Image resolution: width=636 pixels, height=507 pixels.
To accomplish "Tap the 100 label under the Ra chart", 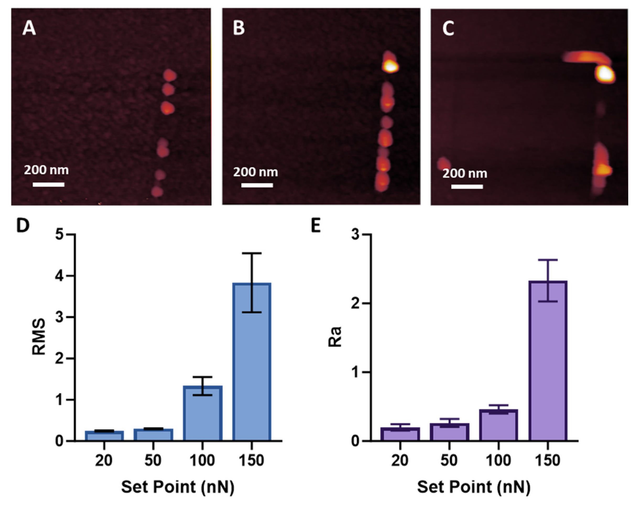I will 498,460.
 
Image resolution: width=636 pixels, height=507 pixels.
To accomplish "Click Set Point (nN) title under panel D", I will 178,487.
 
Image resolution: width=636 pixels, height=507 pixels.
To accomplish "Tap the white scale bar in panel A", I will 49,185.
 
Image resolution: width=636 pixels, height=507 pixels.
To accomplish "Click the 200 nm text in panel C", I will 465,173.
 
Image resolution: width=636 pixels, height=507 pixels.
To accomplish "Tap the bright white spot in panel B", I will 390,67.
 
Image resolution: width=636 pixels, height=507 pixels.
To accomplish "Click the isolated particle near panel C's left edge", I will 444,164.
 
